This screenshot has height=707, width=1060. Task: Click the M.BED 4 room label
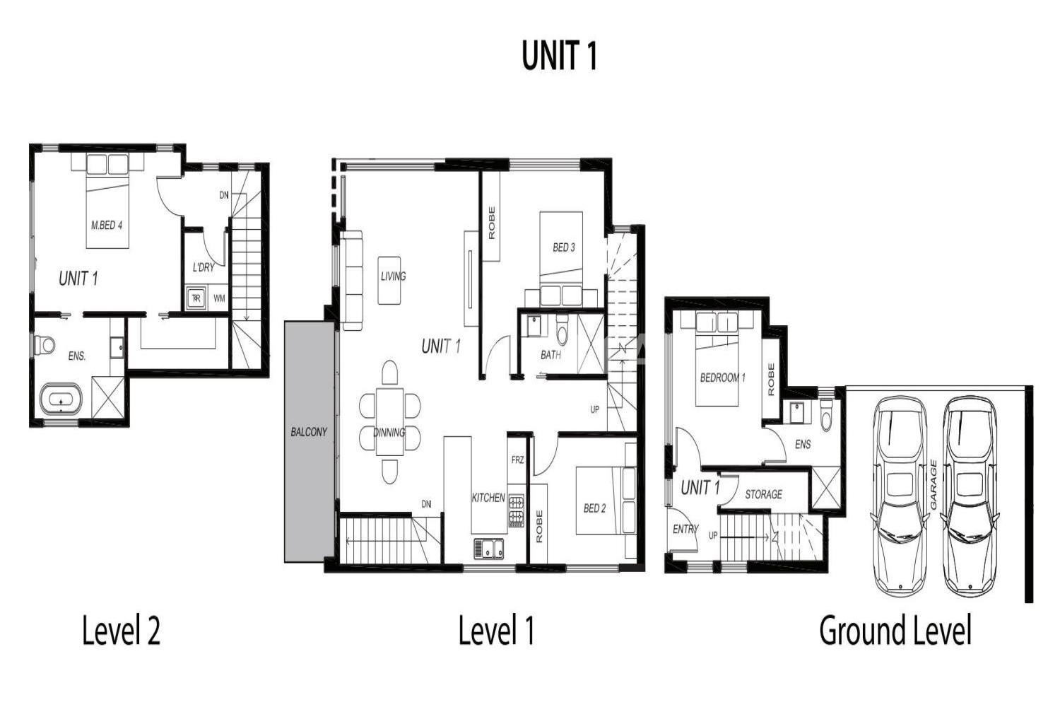pyautogui.click(x=107, y=225)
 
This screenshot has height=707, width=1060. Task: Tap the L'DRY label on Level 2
pyautogui.click(x=204, y=267)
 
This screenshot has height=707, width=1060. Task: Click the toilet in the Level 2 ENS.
pyautogui.click(x=45, y=345)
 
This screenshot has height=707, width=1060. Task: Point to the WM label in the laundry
pyautogui.click(x=219, y=299)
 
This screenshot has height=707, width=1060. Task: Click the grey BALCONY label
pyautogui.click(x=309, y=432)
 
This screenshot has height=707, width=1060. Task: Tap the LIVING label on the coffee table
pyautogui.click(x=393, y=276)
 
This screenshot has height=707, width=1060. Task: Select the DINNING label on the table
pyautogui.click(x=389, y=433)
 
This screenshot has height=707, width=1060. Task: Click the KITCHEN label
pyautogui.click(x=488, y=498)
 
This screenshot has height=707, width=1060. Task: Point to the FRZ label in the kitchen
pyautogui.click(x=518, y=460)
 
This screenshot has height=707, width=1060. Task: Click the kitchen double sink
pyautogui.click(x=489, y=549)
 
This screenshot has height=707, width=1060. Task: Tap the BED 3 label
pyautogui.click(x=564, y=247)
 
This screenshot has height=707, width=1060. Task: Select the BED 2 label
pyautogui.click(x=595, y=508)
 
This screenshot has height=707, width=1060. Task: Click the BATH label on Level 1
pyautogui.click(x=550, y=355)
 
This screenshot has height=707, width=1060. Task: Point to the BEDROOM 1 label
pyautogui.click(x=723, y=378)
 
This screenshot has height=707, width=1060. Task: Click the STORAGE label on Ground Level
pyautogui.click(x=763, y=494)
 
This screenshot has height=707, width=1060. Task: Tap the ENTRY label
pyautogui.click(x=685, y=530)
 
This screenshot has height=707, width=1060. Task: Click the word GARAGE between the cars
pyautogui.click(x=934, y=485)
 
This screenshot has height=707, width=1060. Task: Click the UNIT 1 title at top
pyautogui.click(x=560, y=55)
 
